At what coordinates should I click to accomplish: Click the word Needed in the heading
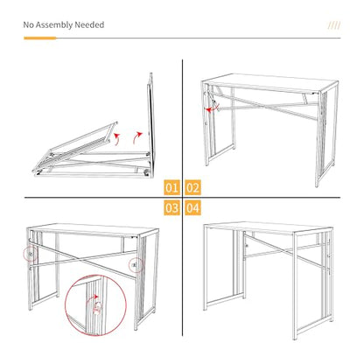(89, 24)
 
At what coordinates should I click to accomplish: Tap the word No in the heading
(28, 24)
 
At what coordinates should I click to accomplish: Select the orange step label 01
(171, 187)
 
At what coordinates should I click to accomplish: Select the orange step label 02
(192, 187)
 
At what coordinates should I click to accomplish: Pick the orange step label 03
(171, 208)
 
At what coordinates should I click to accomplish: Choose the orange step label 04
(192, 208)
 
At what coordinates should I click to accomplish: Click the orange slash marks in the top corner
(334, 25)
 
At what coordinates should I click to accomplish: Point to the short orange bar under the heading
(40, 38)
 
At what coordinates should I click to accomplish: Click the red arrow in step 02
(212, 108)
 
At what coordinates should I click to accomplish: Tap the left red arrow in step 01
(117, 139)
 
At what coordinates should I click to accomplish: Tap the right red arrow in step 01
(137, 137)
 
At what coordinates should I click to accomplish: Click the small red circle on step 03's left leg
(30, 254)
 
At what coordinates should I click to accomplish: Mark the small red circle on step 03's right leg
(136, 265)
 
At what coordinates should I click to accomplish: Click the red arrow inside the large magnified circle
(92, 298)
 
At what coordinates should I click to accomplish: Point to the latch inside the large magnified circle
(97, 308)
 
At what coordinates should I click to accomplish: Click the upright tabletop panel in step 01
(150, 125)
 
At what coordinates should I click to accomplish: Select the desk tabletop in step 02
(269, 82)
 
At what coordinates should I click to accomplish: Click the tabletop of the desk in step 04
(268, 228)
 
